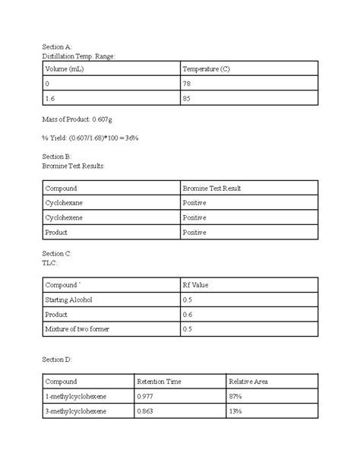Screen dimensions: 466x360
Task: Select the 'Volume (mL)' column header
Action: click(x=62, y=70)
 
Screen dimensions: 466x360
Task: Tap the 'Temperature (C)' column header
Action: click(x=207, y=70)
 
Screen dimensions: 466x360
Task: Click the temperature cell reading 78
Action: click(x=188, y=84)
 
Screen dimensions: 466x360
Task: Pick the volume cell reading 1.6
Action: click(x=51, y=99)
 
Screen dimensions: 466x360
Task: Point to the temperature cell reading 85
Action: click(x=188, y=99)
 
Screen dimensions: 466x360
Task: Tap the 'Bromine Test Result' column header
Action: click(x=212, y=188)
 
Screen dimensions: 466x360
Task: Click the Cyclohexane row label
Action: click(x=65, y=203)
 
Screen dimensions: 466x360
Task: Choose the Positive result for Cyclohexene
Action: click(x=194, y=217)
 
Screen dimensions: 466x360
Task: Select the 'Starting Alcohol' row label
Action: click(x=70, y=300)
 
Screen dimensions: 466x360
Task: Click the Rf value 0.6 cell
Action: click(x=188, y=315)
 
